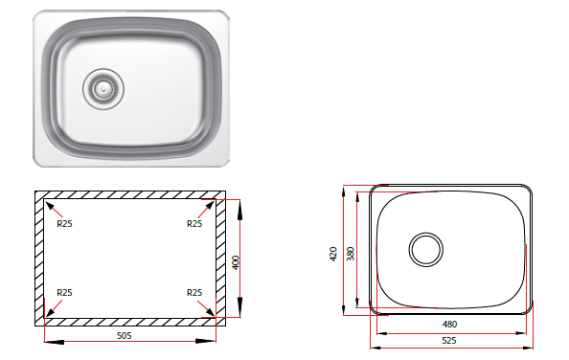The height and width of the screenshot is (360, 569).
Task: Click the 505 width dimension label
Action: [125, 336]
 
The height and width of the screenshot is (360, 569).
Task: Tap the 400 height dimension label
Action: [236, 263]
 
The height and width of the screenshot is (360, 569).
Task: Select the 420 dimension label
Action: [333, 254]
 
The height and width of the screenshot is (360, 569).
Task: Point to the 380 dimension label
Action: [351, 254]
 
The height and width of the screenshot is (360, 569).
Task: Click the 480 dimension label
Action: [449, 325]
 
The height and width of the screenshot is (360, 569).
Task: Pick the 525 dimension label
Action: [449, 341]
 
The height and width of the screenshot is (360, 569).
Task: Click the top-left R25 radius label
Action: [64, 224]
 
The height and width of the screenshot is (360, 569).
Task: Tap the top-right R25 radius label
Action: [194, 224]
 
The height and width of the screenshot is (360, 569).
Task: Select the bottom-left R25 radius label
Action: [64, 293]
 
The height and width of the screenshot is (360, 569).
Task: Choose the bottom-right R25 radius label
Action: [194, 293]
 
